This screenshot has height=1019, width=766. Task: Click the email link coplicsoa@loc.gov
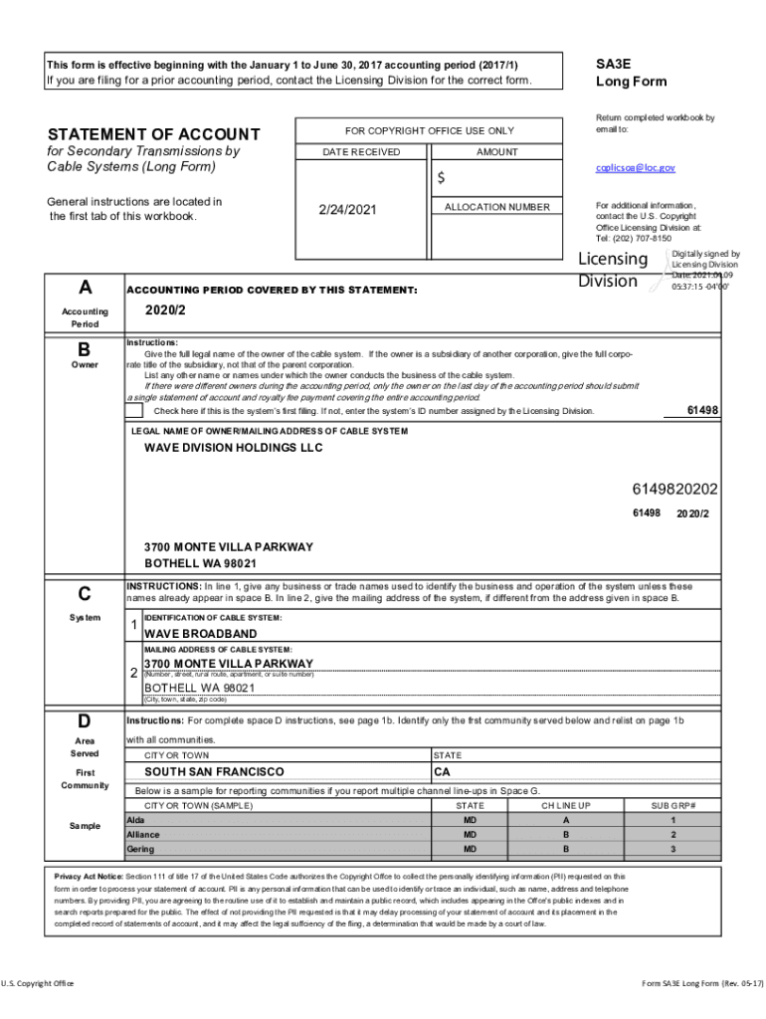coord(635,168)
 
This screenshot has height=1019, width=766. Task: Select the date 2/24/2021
coord(347,210)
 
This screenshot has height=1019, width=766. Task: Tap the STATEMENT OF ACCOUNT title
coord(154,134)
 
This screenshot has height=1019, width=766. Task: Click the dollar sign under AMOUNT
coord(442,178)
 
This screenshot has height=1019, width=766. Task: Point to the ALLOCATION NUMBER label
coord(496,207)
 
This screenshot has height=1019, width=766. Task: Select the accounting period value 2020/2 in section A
coord(164,308)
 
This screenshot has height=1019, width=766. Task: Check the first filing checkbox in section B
coord(134,411)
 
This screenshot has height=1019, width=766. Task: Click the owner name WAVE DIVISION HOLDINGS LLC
coord(234,448)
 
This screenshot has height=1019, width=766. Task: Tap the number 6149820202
coord(674,490)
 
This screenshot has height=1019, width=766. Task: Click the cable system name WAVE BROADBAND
coord(200,634)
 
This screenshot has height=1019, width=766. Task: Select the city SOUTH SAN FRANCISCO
coord(214,771)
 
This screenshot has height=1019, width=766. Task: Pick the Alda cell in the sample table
coord(135,819)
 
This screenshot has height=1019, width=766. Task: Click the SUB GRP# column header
coord(673,805)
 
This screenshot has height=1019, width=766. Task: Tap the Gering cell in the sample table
coord(140,849)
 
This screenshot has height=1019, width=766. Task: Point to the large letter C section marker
coord(85,594)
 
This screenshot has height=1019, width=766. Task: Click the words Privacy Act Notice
coord(88,876)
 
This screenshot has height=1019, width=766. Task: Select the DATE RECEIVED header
coord(361,152)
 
